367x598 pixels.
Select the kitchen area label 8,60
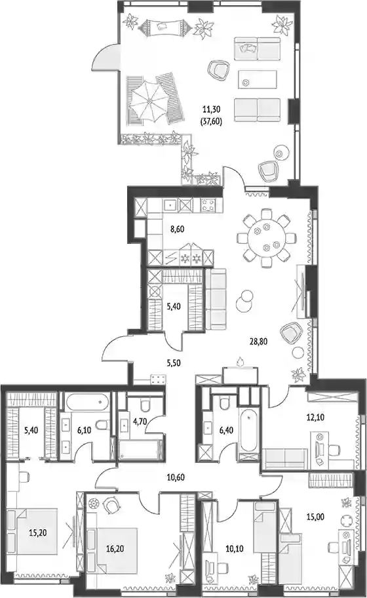click(178, 229)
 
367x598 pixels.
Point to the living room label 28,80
click(258, 342)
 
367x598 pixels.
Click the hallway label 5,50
click(174, 363)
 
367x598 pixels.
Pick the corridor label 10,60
click(176, 477)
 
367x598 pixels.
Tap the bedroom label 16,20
click(115, 549)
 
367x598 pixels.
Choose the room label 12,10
click(315, 417)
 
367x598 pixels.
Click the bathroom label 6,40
click(226, 430)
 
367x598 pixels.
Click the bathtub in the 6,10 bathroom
click(87, 402)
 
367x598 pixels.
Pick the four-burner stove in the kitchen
click(208, 206)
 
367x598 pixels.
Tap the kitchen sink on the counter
click(170, 206)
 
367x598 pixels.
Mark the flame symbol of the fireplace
click(239, 361)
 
